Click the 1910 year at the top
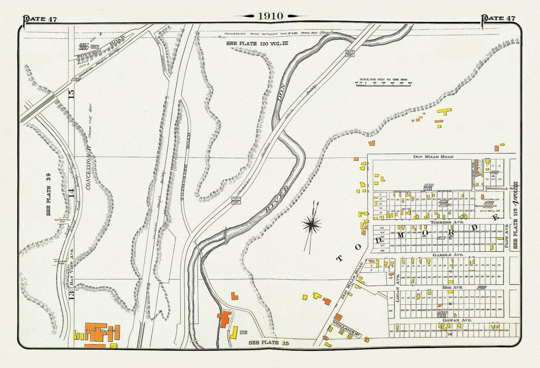pyautogui.click(x=270, y=16)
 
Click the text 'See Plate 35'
pyautogui.click(x=268, y=343)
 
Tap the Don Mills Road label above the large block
pyautogui.click(x=433, y=156)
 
